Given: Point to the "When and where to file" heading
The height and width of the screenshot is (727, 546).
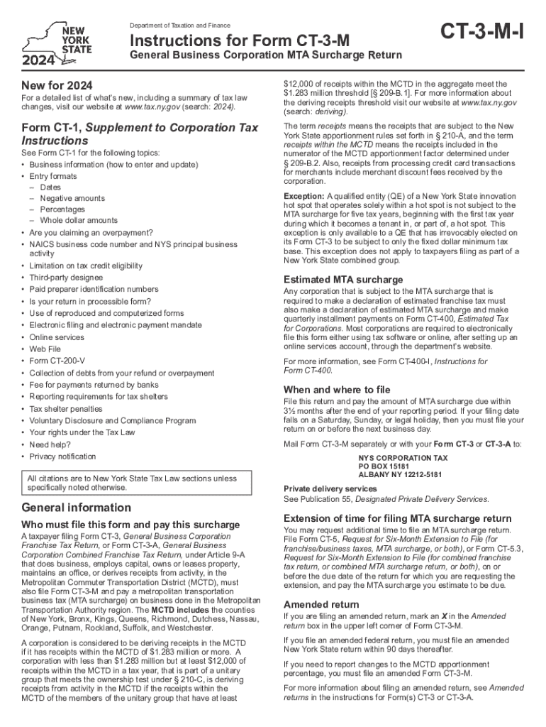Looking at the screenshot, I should point(337,389).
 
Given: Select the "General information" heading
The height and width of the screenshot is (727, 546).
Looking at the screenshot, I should point(77,508).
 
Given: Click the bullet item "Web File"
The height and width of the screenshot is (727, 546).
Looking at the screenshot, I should point(46,349).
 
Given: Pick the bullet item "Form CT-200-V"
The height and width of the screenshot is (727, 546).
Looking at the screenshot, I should point(57,361).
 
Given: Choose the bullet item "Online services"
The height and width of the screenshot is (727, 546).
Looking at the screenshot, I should point(56,337).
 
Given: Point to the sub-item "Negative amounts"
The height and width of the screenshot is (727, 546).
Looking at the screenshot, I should point(72,198).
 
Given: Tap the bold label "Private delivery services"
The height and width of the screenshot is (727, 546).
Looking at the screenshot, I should point(330,489).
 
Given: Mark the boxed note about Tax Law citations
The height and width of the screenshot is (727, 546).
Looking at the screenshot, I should point(143,483).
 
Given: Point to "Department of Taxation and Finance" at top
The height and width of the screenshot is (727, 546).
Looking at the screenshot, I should point(179,26).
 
